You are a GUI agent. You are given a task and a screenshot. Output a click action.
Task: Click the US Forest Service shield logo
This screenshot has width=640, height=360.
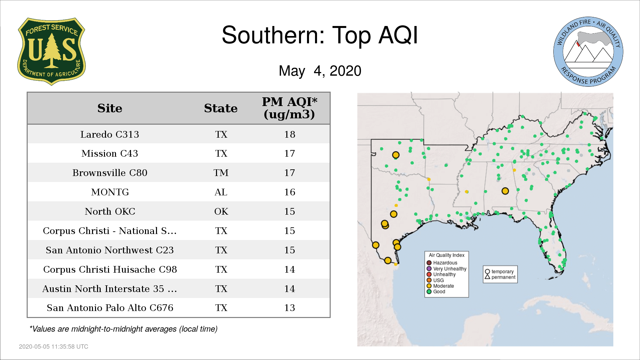[51, 52]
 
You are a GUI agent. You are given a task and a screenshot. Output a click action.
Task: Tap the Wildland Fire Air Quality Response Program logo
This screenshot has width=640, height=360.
[588, 52]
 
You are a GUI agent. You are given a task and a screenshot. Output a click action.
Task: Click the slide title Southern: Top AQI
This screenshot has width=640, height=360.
[320, 35]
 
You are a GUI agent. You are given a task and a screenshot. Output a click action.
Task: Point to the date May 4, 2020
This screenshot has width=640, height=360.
[320, 71]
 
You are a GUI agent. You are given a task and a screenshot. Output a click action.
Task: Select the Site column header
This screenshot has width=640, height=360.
[110, 108]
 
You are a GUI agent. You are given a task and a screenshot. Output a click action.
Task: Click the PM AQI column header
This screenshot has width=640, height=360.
[289, 108]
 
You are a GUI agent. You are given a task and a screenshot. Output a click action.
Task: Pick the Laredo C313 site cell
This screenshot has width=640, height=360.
[110, 134]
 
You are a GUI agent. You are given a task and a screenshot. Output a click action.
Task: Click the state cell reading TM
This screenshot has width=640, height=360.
[221, 173]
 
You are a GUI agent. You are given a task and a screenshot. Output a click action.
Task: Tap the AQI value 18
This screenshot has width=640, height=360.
[290, 134]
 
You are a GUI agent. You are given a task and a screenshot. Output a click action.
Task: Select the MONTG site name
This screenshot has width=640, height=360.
[110, 192]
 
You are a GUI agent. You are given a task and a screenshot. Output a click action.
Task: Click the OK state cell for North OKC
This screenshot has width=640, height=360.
[221, 211]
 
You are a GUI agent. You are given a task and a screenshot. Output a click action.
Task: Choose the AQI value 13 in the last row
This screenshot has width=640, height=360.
[290, 308]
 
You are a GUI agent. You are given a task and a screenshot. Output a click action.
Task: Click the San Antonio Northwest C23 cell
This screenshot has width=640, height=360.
[110, 250]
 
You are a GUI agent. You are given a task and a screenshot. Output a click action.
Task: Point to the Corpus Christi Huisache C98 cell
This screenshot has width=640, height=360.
[110, 269]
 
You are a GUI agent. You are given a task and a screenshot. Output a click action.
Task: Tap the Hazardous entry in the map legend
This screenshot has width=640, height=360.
[442, 263]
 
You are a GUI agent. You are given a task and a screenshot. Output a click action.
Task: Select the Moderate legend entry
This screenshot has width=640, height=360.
[440, 286]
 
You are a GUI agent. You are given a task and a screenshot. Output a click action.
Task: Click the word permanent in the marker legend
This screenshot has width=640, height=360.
[503, 277]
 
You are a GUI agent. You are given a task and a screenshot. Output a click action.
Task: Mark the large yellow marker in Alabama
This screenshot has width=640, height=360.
[505, 191]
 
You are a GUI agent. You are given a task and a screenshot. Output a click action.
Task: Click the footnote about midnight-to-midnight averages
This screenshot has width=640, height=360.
[123, 329]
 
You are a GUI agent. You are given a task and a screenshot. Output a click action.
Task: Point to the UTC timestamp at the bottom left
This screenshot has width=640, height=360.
[54, 347]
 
